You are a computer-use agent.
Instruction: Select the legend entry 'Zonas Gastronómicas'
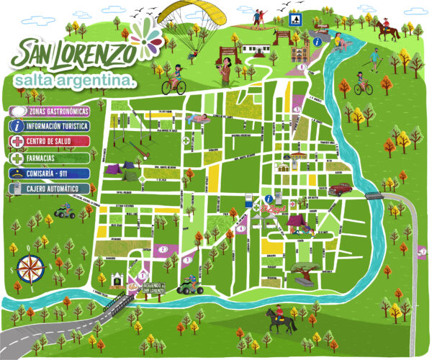(x=59, y=112)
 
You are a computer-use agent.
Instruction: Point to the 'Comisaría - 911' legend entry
(x=59, y=173)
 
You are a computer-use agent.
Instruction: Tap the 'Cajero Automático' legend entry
(x=59, y=188)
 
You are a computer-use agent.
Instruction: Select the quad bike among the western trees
(x=63, y=213)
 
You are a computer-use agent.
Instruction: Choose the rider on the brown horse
(x=385, y=29)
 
